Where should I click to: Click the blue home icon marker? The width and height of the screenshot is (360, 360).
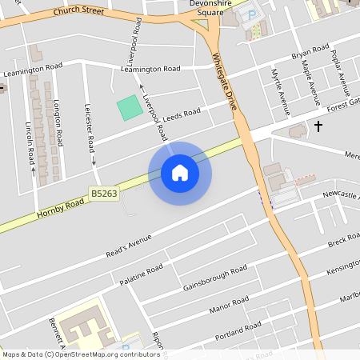click(x=180, y=174)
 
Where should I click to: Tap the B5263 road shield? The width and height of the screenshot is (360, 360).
click(x=102, y=193)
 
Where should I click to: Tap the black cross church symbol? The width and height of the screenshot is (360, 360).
click(x=318, y=126)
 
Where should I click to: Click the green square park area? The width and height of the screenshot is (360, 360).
click(x=128, y=108)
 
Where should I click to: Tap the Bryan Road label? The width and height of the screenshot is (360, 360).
click(x=310, y=54)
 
